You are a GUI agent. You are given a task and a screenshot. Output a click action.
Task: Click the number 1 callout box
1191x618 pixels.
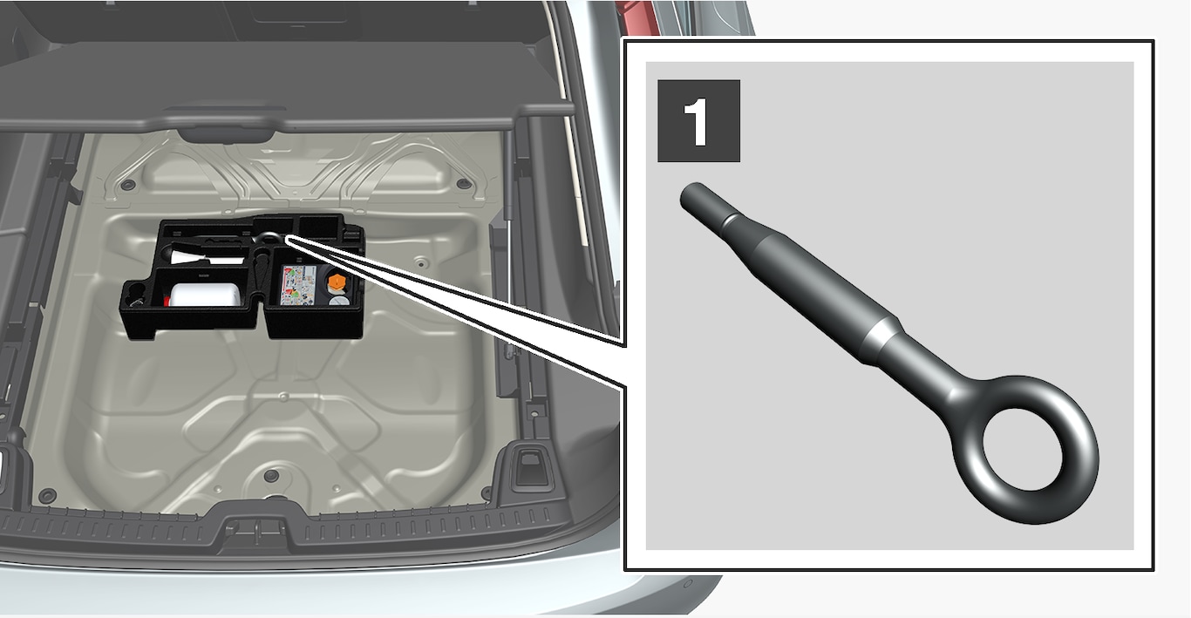tap(698, 120)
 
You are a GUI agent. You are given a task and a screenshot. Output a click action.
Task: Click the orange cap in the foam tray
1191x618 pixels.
tap(337, 282)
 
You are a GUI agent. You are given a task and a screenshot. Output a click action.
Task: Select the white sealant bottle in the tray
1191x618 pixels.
tap(205, 295)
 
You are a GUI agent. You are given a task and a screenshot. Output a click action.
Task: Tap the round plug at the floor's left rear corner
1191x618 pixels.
tap(47, 495)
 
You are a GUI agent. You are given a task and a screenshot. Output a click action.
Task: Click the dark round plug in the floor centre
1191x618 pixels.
tap(272, 474)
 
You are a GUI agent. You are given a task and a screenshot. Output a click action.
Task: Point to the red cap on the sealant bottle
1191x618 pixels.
tap(167, 302)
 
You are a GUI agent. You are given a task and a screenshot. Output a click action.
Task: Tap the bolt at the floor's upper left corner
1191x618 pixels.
tap(128, 185)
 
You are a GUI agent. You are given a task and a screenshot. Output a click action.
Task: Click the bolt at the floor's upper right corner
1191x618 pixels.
tap(465, 184)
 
